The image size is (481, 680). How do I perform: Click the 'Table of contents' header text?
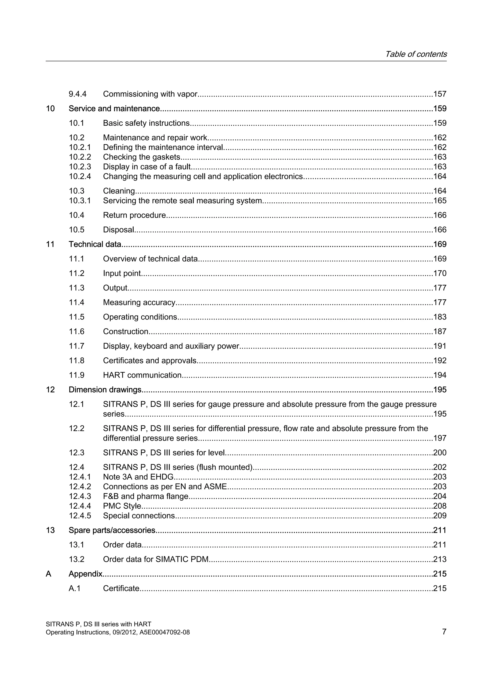(416, 54)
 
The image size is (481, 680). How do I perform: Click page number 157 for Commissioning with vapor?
(440, 94)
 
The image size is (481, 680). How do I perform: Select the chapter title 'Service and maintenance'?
(114, 109)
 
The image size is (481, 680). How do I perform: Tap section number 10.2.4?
(80, 177)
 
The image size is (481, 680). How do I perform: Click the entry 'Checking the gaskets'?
(142, 157)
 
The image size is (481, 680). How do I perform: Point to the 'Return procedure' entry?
(134, 215)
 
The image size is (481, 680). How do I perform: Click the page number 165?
(440, 201)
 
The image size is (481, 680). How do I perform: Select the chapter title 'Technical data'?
(95, 244)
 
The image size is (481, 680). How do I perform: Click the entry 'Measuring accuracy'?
(139, 302)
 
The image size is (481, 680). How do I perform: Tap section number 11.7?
(77, 346)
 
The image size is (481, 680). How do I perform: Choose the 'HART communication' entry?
(142, 375)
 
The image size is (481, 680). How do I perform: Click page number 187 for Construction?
(440, 331)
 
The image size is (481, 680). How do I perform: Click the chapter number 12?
(50, 390)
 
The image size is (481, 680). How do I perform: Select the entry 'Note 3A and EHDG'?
(138, 477)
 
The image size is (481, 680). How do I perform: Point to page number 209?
(440, 516)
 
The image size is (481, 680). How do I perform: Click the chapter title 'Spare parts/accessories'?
(112, 530)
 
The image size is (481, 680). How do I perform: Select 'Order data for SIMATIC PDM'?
(156, 559)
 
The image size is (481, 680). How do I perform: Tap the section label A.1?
(75, 588)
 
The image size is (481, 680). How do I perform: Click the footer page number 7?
(444, 631)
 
